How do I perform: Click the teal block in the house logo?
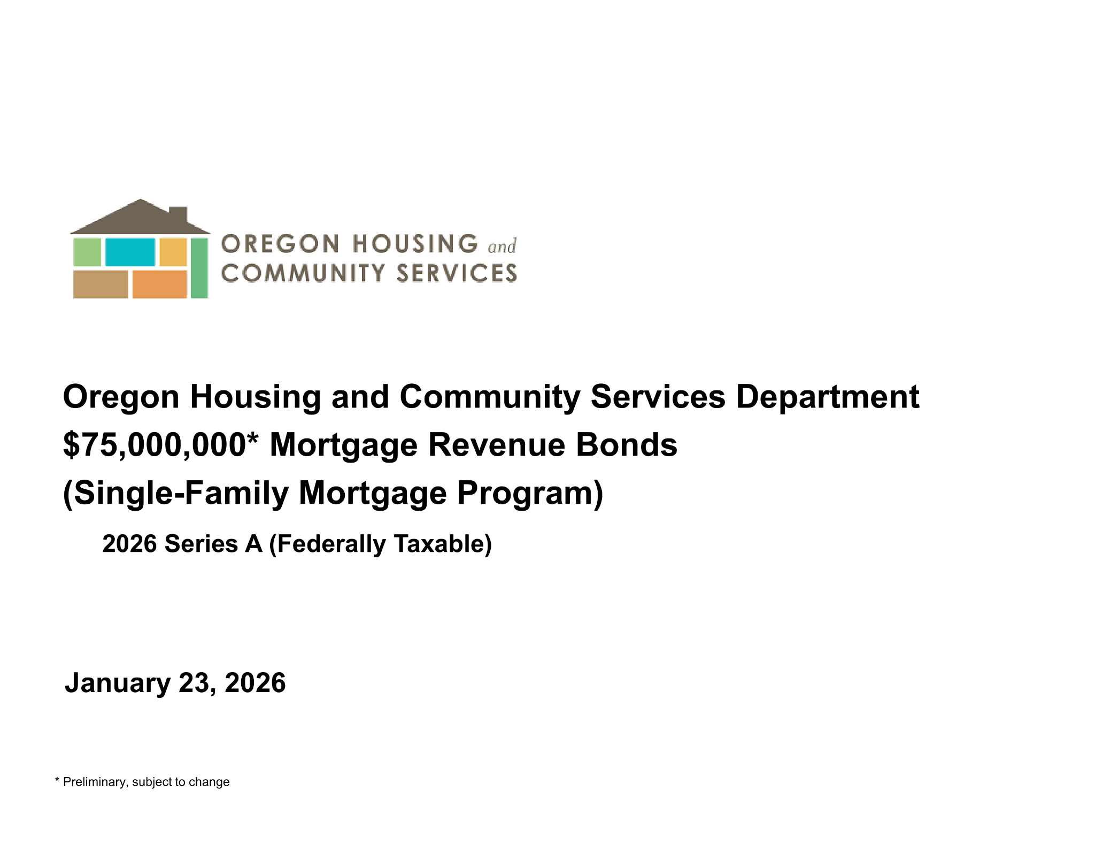[130, 252]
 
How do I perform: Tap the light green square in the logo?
[87, 252]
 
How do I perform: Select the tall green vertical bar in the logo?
[199, 268]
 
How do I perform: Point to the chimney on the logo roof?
[178, 213]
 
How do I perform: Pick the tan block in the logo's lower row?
[101, 284]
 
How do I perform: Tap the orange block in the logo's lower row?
[159, 284]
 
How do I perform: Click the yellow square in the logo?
[173, 252]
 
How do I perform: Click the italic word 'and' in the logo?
[502, 247]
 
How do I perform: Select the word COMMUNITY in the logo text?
[303, 273]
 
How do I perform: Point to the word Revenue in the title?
[497, 445]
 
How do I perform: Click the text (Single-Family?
[176, 494]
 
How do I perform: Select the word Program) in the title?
[530, 494]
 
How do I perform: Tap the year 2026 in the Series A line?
[129, 544]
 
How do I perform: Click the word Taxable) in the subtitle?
[443, 544]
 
